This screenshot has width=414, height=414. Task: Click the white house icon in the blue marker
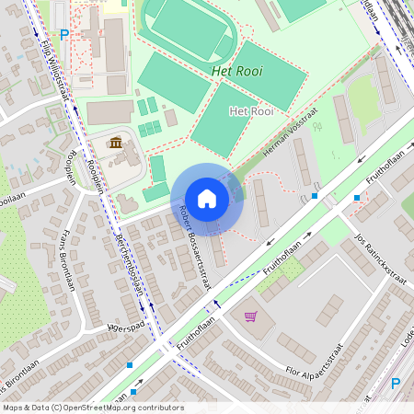[x=207, y=199]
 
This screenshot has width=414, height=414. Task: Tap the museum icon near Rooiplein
[x=117, y=144]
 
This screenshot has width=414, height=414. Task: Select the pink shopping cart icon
[x=250, y=316]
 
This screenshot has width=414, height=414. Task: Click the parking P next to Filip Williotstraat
[x=64, y=35]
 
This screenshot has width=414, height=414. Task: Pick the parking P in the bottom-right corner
[x=396, y=384]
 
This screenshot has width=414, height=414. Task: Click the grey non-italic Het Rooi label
[x=250, y=111]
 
